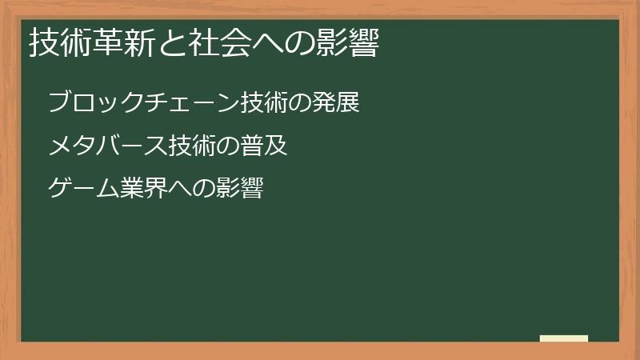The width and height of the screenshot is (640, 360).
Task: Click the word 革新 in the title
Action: click(117, 45)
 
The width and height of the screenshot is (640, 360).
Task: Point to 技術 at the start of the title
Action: click(58, 45)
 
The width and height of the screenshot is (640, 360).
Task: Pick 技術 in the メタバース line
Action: click(191, 146)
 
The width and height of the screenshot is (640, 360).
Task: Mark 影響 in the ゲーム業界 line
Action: click(239, 190)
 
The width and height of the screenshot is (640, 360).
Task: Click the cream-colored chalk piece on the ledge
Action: click(563, 338)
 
